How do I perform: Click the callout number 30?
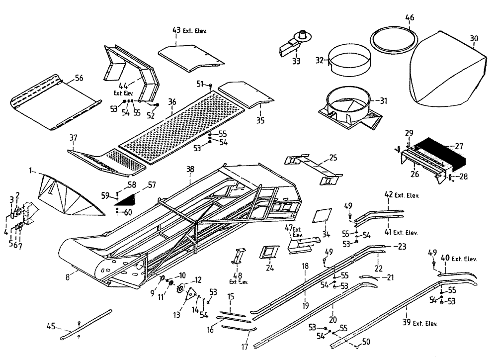474,38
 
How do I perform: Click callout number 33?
296,62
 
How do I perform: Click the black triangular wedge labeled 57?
125,200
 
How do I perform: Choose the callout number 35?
260,120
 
